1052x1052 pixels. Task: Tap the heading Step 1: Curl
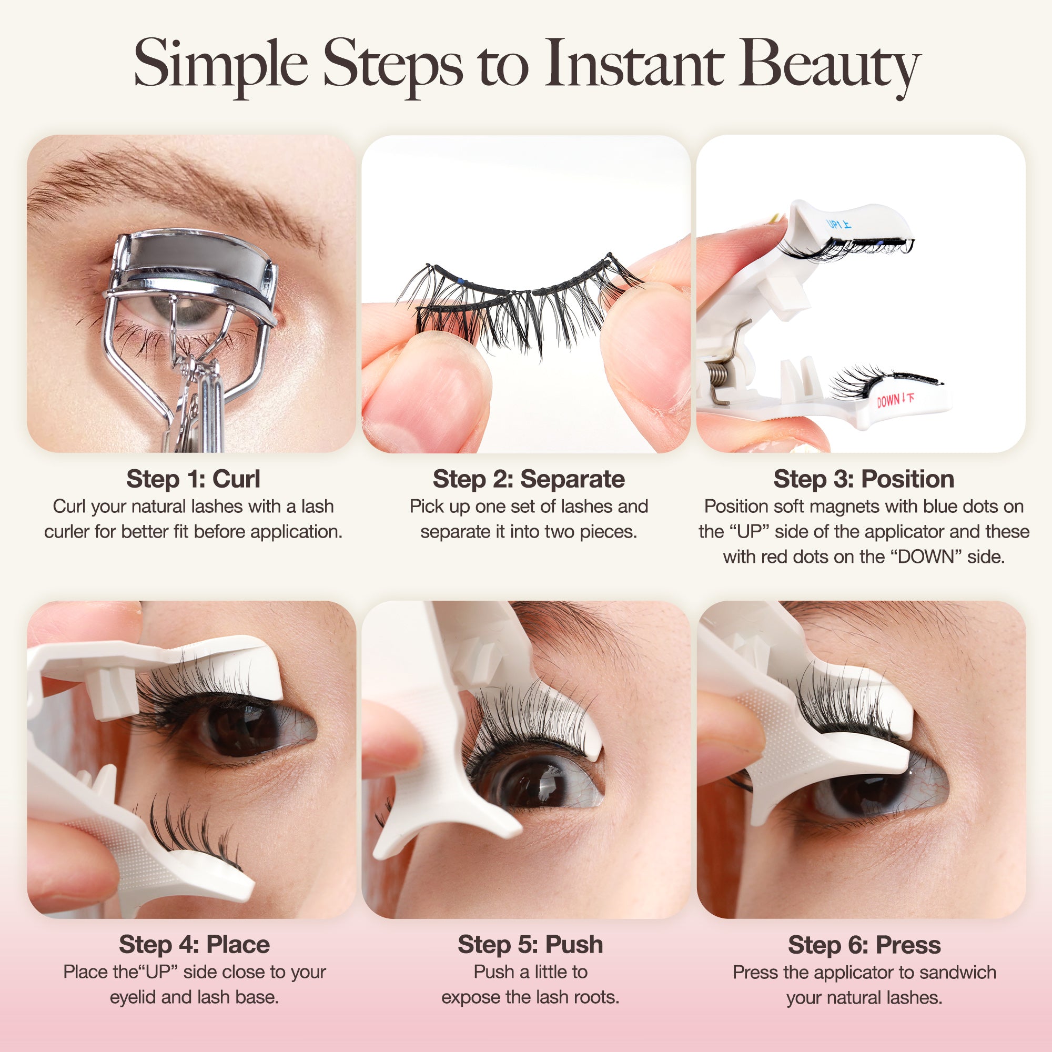click(193, 479)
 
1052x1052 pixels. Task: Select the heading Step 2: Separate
click(529, 479)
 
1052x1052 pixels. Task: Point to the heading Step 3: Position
click(864, 479)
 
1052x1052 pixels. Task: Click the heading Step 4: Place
click(195, 944)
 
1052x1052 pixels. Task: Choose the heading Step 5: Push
click(530, 944)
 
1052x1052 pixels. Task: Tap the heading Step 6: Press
click(864, 945)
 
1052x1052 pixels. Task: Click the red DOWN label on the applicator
click(895, 400)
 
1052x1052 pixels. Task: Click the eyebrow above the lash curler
click(180, 180)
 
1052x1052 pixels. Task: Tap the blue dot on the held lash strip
click(460, 281)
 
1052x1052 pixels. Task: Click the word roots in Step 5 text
click(600, 997)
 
